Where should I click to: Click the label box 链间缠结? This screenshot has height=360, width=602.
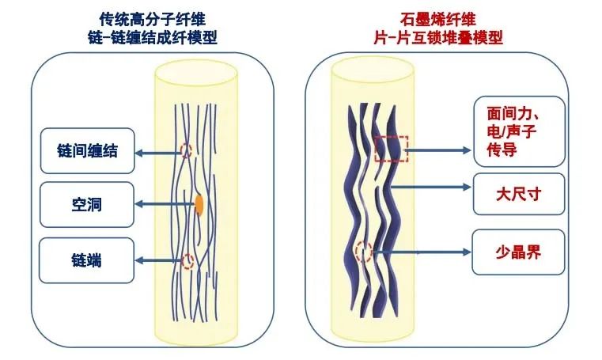click(88, 150)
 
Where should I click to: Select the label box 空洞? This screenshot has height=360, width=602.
click(88, 204)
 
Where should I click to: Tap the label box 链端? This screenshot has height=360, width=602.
click(88, 259)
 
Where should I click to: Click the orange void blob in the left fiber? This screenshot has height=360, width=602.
click(199, 204)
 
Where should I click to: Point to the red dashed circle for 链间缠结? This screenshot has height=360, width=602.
click(187, 150)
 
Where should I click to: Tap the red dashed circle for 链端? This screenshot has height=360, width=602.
click(187, 261)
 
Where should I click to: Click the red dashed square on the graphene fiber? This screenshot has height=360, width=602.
click(392, 149)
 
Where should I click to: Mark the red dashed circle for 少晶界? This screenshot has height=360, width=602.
click(364, 252)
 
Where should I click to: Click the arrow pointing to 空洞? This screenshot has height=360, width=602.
click(164, 204)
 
